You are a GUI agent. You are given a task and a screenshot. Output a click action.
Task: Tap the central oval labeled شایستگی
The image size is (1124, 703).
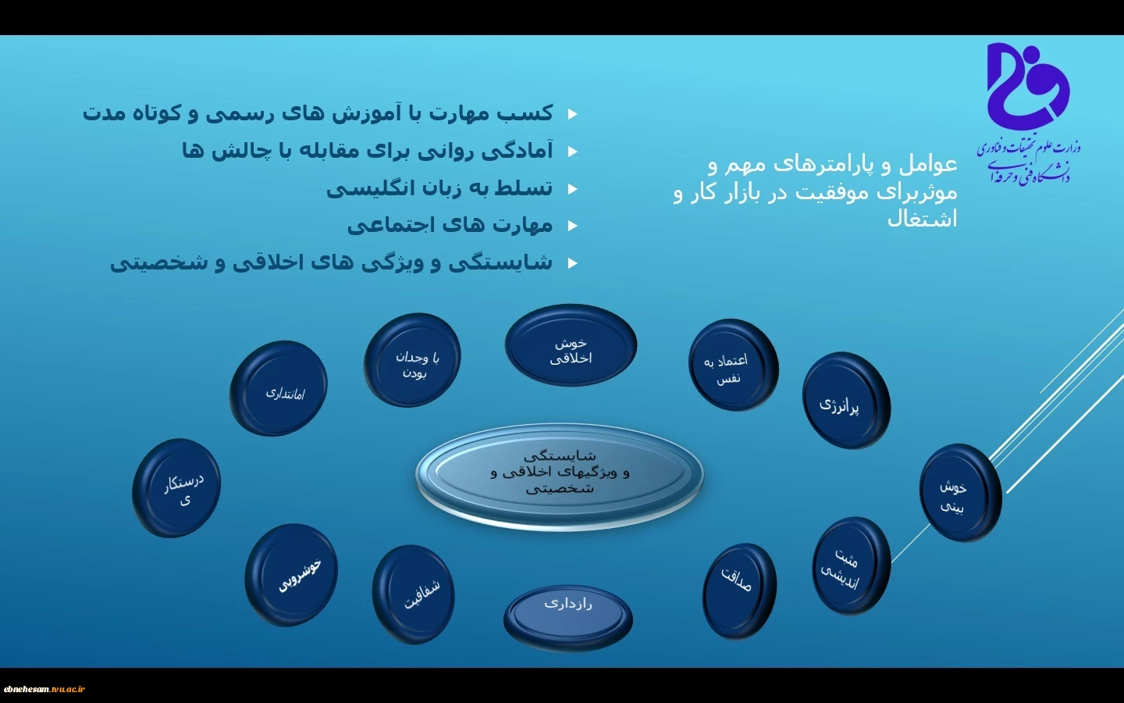[560, 475]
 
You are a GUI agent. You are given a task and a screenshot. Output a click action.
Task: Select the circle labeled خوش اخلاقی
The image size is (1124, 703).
[571, 345]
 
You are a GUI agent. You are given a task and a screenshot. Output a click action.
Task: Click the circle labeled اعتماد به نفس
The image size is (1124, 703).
[734, 365]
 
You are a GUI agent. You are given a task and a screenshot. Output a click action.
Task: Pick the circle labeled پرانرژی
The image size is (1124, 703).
[846, 401]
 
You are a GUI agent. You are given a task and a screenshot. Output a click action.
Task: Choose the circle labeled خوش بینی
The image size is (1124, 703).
[960, 493]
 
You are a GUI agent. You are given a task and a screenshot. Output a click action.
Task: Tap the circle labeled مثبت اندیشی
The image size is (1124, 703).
[851, 566]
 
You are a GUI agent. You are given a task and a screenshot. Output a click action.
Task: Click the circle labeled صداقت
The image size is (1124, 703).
[739, 591]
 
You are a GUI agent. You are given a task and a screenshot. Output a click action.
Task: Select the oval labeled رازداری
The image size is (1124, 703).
[568, 619]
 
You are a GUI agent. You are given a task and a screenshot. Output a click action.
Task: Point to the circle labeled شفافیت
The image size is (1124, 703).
[414, 594]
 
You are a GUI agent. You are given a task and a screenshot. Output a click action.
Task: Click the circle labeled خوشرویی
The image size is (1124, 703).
[291, 575]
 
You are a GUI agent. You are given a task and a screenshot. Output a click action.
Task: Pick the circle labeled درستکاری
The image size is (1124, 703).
[176, 488]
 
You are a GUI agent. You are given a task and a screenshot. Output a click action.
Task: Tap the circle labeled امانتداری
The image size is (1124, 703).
[279, 388]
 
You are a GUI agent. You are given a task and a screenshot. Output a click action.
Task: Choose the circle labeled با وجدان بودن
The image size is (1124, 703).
[412, 360]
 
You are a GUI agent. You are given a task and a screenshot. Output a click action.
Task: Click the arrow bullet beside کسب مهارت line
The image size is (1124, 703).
[573, 115]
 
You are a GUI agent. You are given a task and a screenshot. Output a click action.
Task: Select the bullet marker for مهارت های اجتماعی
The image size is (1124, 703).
[573, 226]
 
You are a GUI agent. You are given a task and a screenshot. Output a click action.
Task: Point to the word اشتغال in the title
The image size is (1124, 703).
[923, 219]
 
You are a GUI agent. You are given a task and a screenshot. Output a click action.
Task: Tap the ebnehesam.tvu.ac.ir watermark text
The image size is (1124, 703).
[44, 689]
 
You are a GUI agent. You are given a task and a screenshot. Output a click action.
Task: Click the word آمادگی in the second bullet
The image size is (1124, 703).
[518, 152]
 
